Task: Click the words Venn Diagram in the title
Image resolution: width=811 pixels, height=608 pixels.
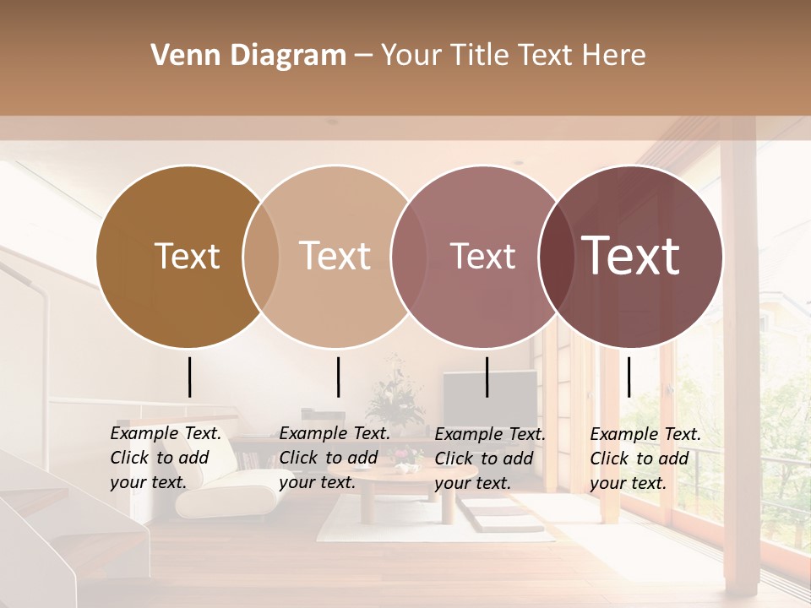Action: coord(248,56)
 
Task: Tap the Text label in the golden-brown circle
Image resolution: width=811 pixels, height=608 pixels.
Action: coord(187,256)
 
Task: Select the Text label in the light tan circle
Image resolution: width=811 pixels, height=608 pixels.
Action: coord(335,256)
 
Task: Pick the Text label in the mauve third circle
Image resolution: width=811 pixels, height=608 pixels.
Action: coord(482,256)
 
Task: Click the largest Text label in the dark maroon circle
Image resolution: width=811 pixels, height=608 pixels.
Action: coord(631,256)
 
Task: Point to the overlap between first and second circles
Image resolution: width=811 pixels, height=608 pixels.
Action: coord(261,256)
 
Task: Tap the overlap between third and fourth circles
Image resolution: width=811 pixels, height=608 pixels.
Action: coord(554,256)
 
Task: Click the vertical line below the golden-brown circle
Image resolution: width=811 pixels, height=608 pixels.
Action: coord(189,377)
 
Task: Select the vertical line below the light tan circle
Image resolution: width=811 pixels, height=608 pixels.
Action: coord(338,377)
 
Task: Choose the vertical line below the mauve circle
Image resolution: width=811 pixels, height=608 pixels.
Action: coord(487,377)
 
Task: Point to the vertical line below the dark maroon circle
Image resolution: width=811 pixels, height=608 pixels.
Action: coord(629,377)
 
